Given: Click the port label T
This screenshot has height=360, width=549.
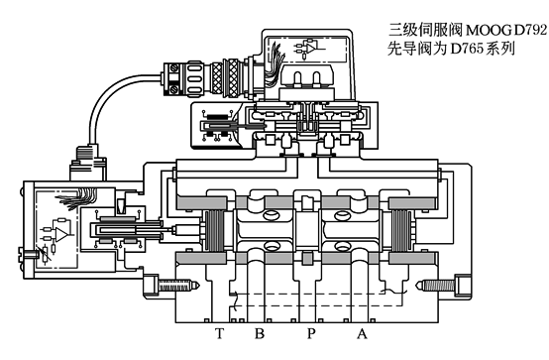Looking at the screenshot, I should (x=219, y=334).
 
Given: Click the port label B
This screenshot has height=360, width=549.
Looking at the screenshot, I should (x=259, y=334).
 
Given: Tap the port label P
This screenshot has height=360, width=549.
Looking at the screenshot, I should (x=310, y=334).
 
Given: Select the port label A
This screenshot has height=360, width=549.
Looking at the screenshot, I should (x=362, y=334).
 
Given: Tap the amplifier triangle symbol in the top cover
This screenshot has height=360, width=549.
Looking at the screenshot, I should (x=313, y=48).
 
